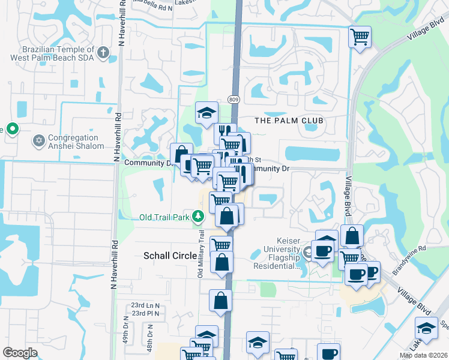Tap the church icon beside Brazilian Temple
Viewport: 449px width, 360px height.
click(x=103, y=53)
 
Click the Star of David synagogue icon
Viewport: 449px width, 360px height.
click(x=39, y=141)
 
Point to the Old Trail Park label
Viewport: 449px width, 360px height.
click(x=164, y=217)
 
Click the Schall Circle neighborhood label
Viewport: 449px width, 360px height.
click(x=170, y=256)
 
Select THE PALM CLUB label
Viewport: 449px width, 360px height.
click(x=289, y=121)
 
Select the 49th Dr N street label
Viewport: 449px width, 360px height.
click(x=127, y=329)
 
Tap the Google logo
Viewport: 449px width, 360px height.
click(x=20, y=353)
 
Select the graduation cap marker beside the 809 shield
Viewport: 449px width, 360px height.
click(x=206, y=112)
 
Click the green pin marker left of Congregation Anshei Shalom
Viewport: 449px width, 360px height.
click(x=10, y=129)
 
